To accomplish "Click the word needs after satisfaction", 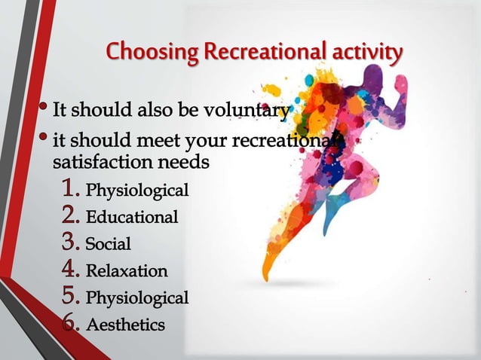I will (188, 161).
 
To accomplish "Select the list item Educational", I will (132, 218).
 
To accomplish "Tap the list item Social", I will (108, 244).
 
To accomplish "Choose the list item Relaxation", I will (127, 270).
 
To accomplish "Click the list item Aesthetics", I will (125, 325).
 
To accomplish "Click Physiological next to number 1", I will (136, 190).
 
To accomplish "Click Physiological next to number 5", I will (136, 298).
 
